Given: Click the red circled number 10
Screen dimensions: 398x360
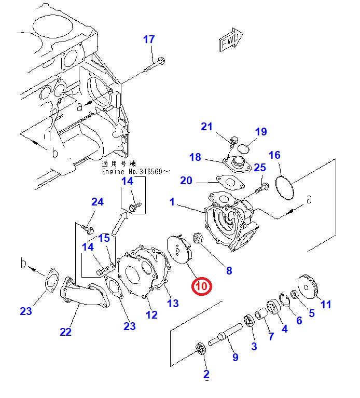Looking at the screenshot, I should pos(201,286).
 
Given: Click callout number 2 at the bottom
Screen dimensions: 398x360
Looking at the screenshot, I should pos(206,374).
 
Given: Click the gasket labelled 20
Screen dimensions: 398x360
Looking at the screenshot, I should pos(228,182).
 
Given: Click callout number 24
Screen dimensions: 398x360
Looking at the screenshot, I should pos(98,201).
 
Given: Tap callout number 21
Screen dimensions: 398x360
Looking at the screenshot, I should pos(207,127).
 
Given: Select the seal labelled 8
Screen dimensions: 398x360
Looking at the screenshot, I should pos(198,240).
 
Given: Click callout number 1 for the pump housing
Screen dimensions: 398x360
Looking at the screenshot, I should pos(172,202).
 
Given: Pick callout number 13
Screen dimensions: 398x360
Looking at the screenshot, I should pos(173,303).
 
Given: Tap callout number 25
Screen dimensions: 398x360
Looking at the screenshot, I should pos(260,167).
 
